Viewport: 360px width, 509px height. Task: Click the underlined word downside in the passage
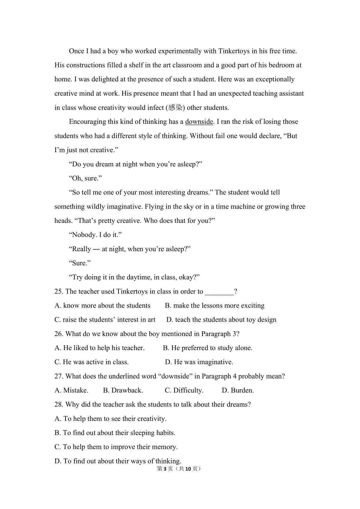(199, 122)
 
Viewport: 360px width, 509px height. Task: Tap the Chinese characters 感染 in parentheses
(175, 108)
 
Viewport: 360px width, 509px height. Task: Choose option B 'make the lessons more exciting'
(215, 305)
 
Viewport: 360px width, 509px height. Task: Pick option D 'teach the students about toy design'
(221, 320)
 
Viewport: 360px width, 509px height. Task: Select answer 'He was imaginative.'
(199, 362)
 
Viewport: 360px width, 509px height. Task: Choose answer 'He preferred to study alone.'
(208, 348)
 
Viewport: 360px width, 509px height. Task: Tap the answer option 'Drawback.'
(123, 390)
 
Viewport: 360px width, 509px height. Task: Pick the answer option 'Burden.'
(238, 390)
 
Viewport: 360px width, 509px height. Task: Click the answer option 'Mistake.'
(71, 390)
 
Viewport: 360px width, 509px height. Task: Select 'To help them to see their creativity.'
(110, 418)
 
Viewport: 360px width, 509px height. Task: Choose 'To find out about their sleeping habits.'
(115, 433)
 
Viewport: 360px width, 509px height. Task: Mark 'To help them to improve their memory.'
(116, 447)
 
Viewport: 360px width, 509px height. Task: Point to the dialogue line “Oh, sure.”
(85, 178)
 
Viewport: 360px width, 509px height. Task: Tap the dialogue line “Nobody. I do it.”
(95, 235)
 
